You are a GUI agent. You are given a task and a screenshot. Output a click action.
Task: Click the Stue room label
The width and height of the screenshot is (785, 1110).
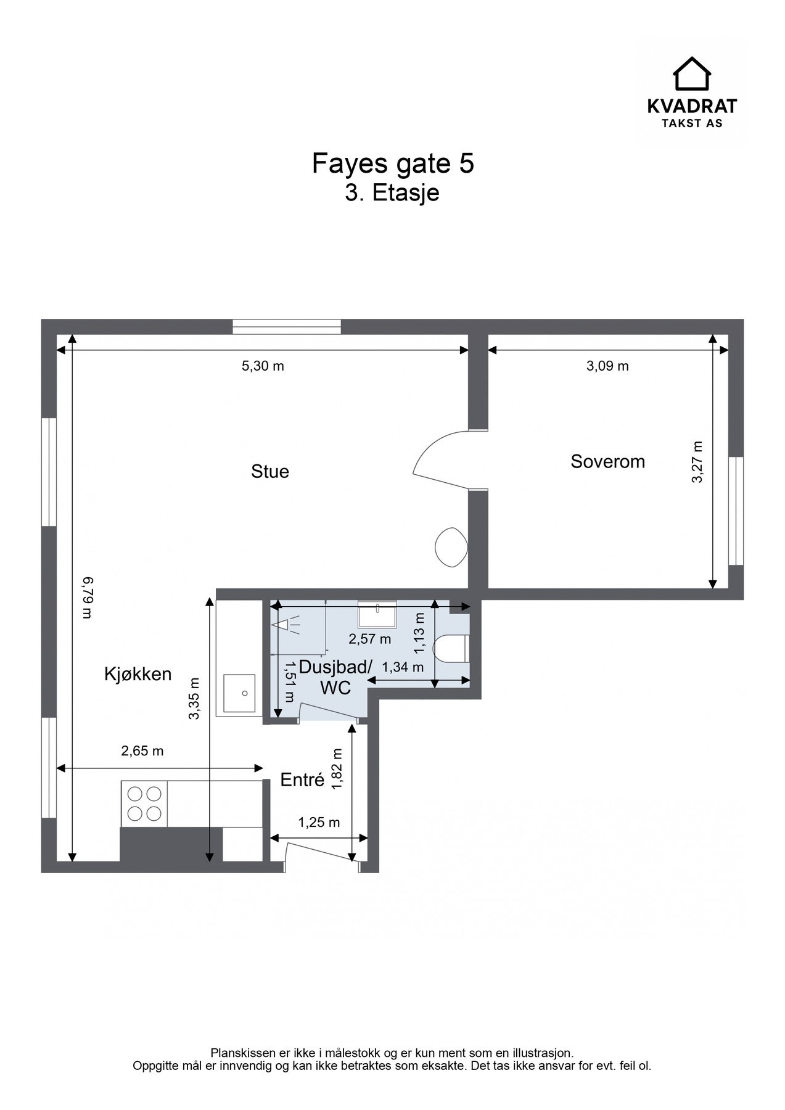[269, 472]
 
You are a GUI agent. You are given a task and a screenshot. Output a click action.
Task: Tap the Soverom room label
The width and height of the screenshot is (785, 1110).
[607, 461]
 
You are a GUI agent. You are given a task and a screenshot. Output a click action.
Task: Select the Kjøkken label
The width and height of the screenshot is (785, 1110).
[138, 674]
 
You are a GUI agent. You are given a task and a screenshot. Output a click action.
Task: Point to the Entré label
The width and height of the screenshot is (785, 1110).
[302, 780]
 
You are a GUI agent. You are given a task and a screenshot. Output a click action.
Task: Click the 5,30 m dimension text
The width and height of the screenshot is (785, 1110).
[263, 366]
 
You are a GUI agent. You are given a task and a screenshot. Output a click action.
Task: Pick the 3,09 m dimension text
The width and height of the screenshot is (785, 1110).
[607, 366]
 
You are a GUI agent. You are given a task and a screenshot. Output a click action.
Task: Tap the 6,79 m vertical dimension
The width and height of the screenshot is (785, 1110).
[88, 597]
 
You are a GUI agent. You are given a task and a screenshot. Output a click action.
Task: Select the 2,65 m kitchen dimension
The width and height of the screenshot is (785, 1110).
[142, 751]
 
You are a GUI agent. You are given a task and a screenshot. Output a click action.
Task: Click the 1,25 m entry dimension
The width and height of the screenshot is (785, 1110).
[319, 822]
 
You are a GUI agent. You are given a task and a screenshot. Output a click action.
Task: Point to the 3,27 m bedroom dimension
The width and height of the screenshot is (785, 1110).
[697, 462]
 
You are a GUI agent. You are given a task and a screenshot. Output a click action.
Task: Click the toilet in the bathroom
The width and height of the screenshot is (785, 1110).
[451, 649]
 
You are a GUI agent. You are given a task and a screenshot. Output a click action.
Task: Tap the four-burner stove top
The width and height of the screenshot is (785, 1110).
[144, 804]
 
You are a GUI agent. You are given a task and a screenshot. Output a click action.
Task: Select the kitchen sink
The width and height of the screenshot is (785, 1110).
[239, 693]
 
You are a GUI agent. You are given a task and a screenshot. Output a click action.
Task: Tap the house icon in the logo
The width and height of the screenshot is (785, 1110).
[691, 73]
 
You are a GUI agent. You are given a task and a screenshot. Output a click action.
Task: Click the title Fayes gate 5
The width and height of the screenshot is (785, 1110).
[393, 163]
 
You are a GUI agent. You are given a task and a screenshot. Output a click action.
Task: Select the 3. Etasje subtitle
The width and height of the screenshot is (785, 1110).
[392, 192]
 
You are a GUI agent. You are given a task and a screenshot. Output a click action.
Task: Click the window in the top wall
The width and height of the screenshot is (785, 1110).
[287, 327]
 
